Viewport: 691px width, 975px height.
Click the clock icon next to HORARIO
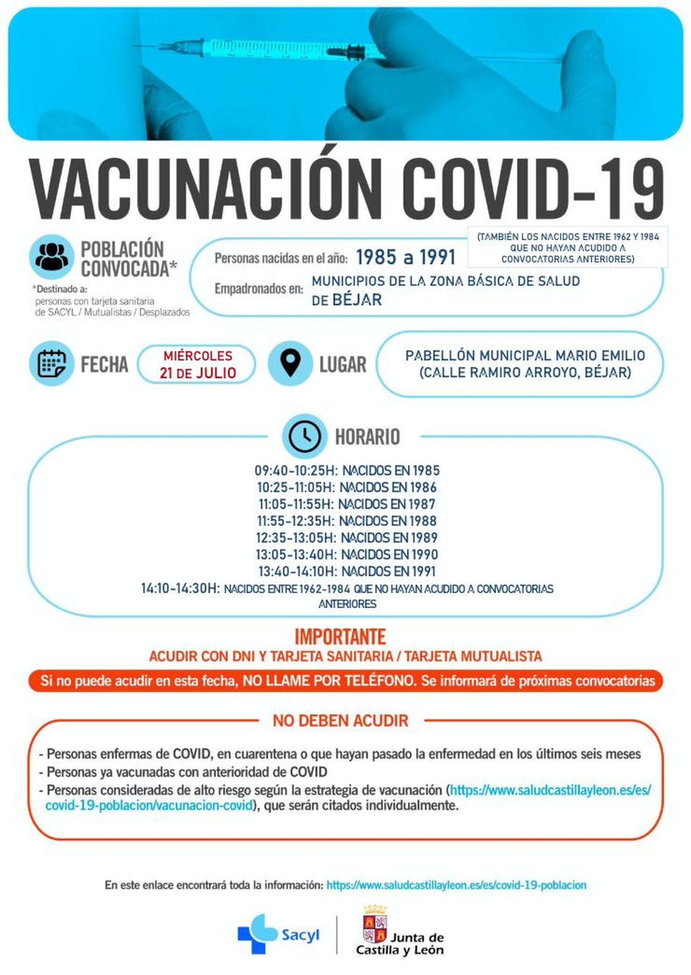[x=304, y=436]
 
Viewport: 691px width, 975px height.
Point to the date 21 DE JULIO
[x=198, y=372]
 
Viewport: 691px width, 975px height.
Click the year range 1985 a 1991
[x=406, y=257]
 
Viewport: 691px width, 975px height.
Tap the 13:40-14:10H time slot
[x=297, y=571]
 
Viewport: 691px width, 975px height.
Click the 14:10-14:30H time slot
[x=181, y=588]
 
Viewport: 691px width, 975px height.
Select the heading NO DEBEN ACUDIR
[x=340, y=721]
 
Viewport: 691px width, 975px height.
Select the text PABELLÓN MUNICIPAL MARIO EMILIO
[x=525, y=356]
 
